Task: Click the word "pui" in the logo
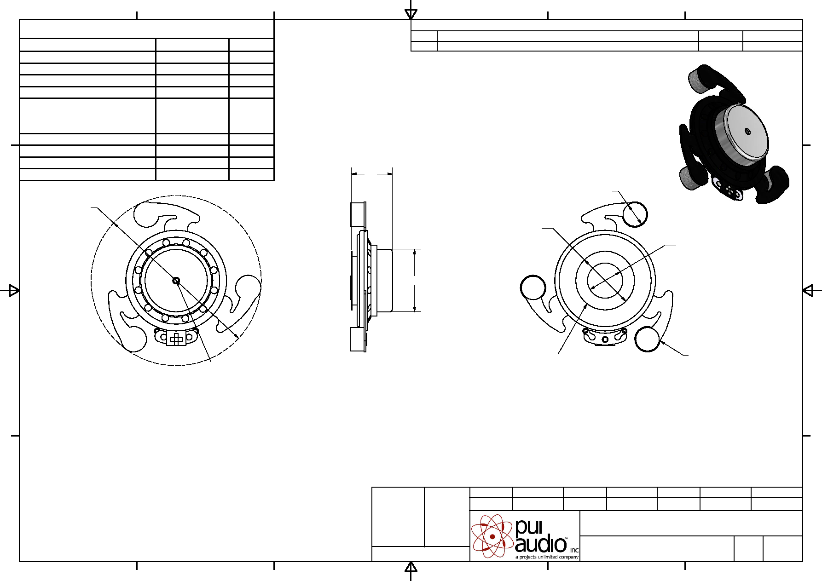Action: point(529,528)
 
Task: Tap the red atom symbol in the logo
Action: point(492,536)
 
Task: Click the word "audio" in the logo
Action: point(541,545)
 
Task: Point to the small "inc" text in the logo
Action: point(574,550)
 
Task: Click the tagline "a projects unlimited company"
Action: point(547,557)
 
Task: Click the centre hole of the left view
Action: point(176,281)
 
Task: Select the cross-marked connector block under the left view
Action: point(176,339)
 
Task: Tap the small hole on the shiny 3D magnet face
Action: point(747,132)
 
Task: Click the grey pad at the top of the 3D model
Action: point(700,80)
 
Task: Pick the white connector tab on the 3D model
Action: point(729,189)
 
